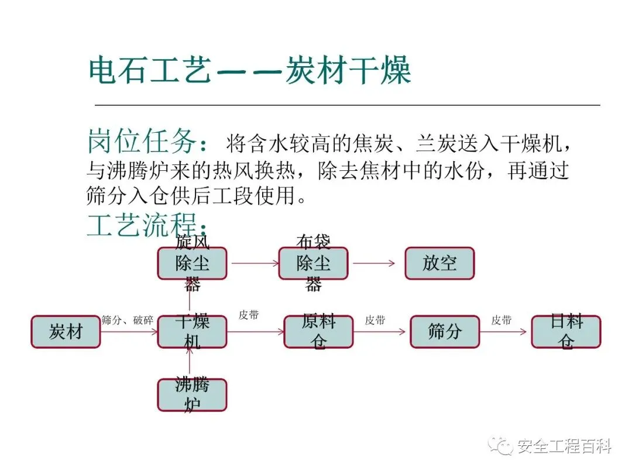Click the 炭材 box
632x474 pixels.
[66, 332]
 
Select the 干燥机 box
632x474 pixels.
[192, 332]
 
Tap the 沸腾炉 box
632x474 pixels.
[192, 394]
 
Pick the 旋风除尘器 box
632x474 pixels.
[192, 263]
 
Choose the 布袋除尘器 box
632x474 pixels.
[313, 263]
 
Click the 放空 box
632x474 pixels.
[439, 263]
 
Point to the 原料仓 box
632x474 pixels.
[318, 332]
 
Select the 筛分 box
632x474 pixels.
[445, 332]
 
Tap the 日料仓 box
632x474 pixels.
[566, 332]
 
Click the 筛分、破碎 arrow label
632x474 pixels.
[128, 320]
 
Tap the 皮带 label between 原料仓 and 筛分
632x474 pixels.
[375, 320]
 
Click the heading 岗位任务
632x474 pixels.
[146, 142]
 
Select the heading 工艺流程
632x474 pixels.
[146, 224]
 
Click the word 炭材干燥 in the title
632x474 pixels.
[348, 71]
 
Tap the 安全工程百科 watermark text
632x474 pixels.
[564, 447]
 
